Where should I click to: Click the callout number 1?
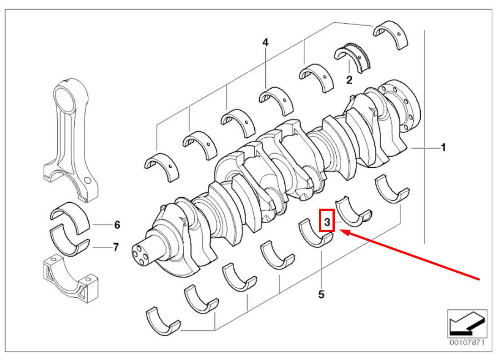tap(443, 148)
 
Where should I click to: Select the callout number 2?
tap(349, 80)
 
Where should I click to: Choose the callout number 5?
tap(321, 295)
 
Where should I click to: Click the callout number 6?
tap(116, 225)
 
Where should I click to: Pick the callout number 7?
tap(116, 247)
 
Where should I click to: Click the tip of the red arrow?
tap(342, 232)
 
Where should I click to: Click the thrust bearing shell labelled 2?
tap(352, 57)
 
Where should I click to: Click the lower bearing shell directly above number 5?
tap(316, 234)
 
